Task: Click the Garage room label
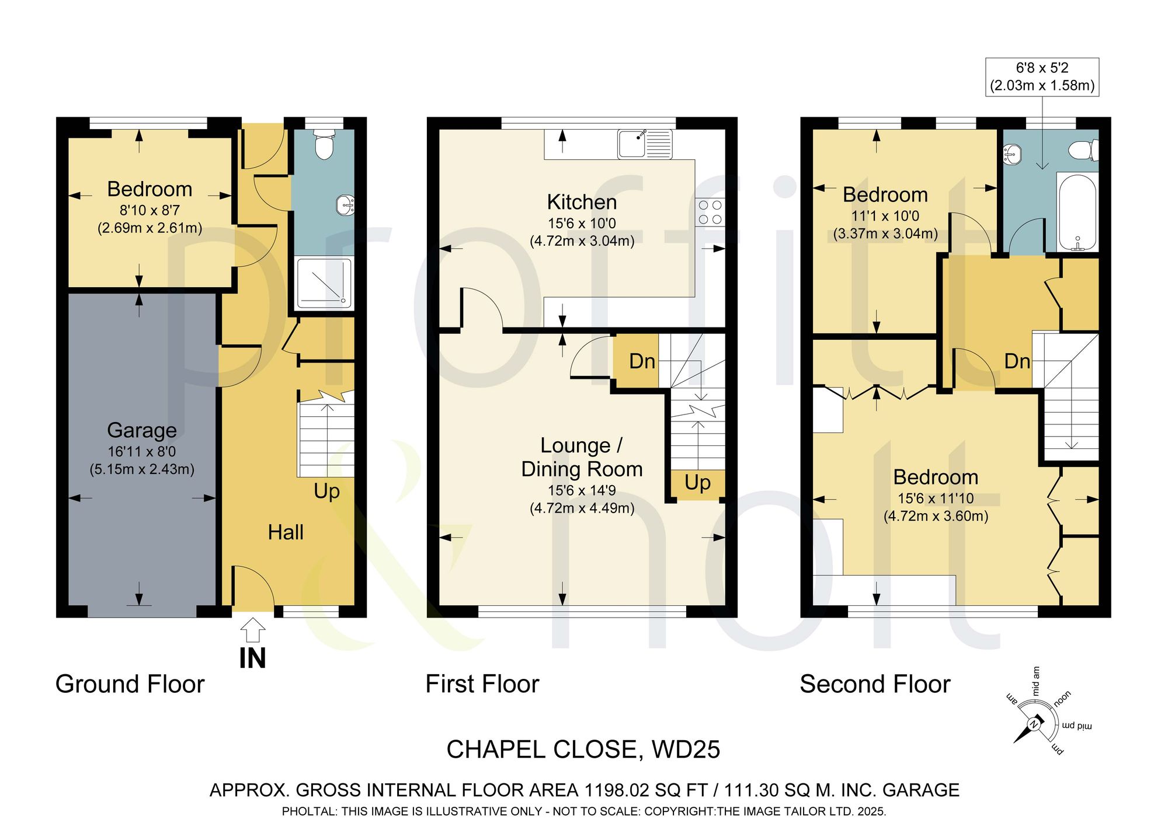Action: (142, 430)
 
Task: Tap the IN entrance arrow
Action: (253, 631)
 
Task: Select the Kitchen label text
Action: (582, 202)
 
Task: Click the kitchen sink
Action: (645, 144)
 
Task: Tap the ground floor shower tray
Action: (325, 283)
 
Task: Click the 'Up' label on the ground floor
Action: (326, 492)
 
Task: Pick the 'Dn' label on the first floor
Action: (642, 361)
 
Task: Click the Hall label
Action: (286, 532)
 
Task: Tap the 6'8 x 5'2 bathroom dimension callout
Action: (1042, 76)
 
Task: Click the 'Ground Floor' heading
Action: (130, 684)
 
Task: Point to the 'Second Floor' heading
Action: (875, 684)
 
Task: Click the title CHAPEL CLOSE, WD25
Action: (583, 750)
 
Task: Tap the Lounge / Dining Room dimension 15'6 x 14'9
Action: (582, 490)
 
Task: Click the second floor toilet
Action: (1084, 150)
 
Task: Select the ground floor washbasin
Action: (345, 205)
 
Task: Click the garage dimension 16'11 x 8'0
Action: (142, 451)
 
